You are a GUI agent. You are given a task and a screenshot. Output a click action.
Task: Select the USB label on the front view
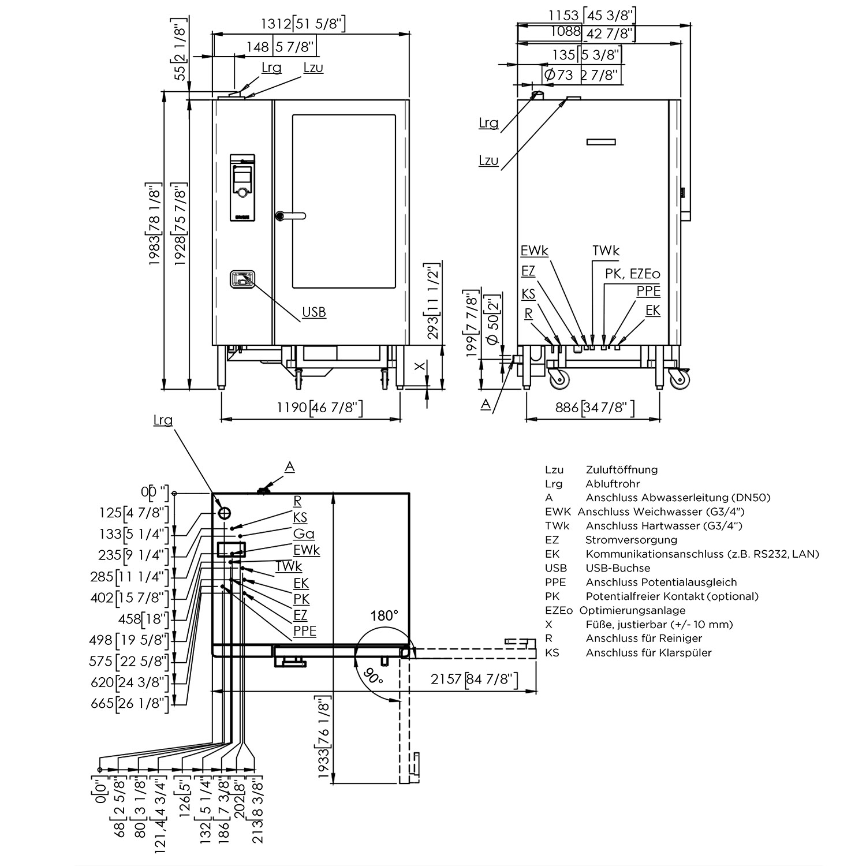tap(314, 312)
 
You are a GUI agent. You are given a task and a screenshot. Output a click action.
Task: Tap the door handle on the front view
tap(290, 216)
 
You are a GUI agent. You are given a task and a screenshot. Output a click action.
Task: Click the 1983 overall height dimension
tap(154, 224)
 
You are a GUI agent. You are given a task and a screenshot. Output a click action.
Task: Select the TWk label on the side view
tap(606, 251)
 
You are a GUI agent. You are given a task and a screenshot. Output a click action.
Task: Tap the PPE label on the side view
tap(648, 292)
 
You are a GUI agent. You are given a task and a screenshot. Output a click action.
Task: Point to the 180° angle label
tap(385, 615)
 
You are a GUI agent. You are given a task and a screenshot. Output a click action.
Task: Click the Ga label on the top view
tap(304, 534)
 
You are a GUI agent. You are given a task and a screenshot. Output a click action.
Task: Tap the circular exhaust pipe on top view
tap(225, 513)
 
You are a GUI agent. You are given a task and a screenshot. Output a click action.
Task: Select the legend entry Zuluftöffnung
tap(621, 469)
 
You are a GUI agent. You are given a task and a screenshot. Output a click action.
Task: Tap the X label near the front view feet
tap(421, 365)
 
